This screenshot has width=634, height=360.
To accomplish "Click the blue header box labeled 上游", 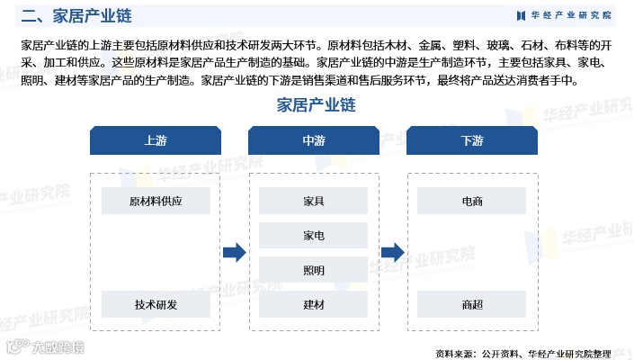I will (x=156, y=141).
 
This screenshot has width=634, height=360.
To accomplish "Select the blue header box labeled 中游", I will (x=314, y=141).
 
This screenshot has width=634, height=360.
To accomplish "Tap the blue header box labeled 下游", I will (x=472, y=141).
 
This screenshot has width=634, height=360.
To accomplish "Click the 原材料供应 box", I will (x=156, y=201).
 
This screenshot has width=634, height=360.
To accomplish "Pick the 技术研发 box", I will (x=156, y=304).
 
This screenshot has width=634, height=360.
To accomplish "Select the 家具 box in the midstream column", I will (x=314, y=201).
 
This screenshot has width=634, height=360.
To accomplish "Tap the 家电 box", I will (x=314, y=235).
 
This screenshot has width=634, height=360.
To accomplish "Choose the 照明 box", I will (x=314, y=270).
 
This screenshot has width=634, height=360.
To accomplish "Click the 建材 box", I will (x=314, y=304).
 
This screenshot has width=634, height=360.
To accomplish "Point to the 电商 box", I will (x=472, y=201).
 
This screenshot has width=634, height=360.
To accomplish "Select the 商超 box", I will (x=472, y=304).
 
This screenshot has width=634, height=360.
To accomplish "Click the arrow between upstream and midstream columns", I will (x=234, y=253).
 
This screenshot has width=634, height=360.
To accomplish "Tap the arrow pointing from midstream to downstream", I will (x=392, y=253).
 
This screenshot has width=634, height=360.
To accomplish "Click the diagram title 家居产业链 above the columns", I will (x=317, y=105).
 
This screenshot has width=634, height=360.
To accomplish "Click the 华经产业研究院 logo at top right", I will (x=564, y=15).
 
